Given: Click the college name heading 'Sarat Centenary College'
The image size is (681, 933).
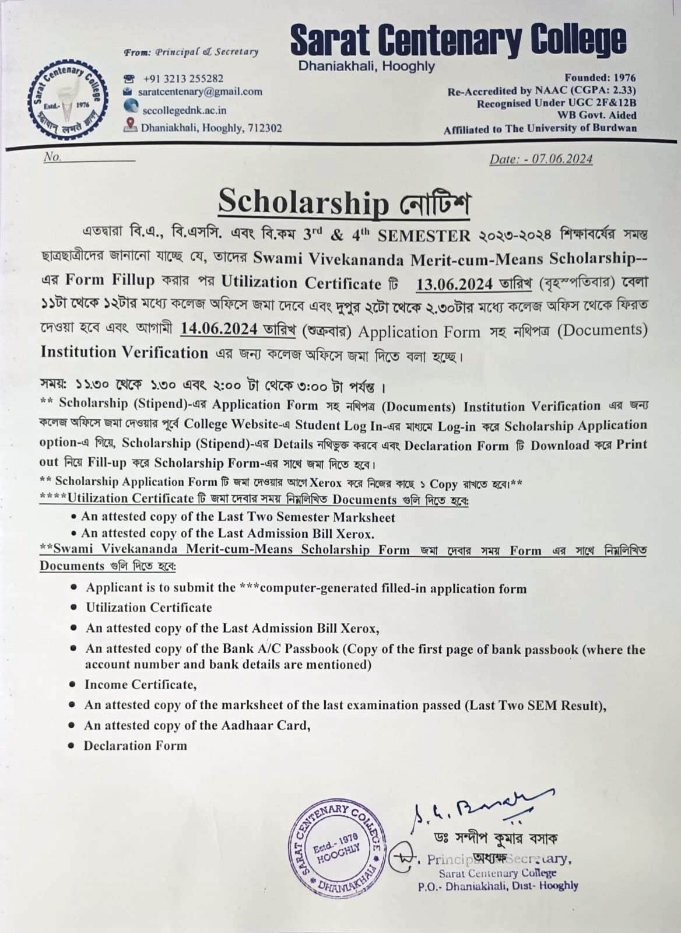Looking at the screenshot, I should pyautogui.click(x=458, y=39).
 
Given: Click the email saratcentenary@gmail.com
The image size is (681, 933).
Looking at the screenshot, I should pyautogui.click(x=200, y=92).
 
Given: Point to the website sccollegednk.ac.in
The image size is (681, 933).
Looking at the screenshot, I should pyautogui.click(x=184, y=110).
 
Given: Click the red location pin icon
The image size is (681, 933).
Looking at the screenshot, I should pyautogui.click(x=131, y=124).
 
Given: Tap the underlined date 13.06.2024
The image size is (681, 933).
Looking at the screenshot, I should pyautogui.click(x=454, y=283).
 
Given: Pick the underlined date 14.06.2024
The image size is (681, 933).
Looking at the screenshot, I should pyautogui.click(x=219, y=329).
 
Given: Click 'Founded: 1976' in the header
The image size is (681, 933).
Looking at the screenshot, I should pyautogui.click(x=600, y=78).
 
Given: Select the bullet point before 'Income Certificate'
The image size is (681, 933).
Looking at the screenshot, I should pyautogui.click(x=72, y=685).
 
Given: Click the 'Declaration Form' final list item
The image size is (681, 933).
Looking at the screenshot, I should pyautogui.click(x=135, y=745).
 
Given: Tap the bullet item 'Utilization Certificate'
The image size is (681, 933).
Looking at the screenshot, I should pyautogui.click(x=149, y=608).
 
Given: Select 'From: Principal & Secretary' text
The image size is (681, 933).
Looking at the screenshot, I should pyautogui.click(x=191, y=52).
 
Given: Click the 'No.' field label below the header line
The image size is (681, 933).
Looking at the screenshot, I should pyautogui.click(x=52, y=157).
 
